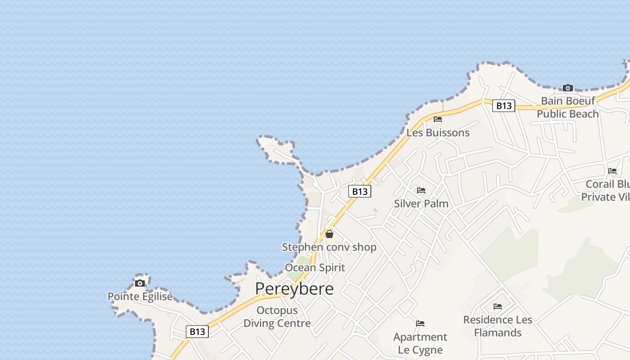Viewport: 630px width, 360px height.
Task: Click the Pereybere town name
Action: coord(294,289)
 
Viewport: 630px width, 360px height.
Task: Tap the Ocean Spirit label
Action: coord(315,268)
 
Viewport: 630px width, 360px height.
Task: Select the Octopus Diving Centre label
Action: coord(277,317)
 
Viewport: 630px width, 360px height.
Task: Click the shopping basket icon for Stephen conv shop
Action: coord(329,234)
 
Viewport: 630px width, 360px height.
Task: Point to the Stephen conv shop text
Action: coord(329,247)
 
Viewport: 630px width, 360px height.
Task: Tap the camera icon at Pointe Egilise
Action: coord(140,283)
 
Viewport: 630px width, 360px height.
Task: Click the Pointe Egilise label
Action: coord(140,297)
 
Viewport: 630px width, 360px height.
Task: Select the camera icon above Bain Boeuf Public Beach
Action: coord(568,88)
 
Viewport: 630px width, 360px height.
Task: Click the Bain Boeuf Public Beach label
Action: coord(568,107)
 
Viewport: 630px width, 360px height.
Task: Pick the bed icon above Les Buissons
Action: coord(438,119)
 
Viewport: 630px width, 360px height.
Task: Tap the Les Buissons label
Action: coord(438,133)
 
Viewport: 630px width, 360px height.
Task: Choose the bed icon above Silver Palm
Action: coord(421,190)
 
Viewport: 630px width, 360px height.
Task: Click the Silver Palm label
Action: coord(421,203)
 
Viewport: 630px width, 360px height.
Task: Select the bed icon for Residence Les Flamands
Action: coord(498,306)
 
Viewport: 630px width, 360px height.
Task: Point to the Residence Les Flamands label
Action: coord(498,326)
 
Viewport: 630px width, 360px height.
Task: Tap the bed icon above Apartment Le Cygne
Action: coord(420,324)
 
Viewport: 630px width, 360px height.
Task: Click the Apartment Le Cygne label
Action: coord(420,343)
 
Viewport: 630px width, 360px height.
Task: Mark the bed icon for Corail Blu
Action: coord(612,171)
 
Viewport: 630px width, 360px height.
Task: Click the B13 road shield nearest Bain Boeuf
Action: coord(504,106)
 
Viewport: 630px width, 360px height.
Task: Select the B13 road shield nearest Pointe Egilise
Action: coord(197,332)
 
